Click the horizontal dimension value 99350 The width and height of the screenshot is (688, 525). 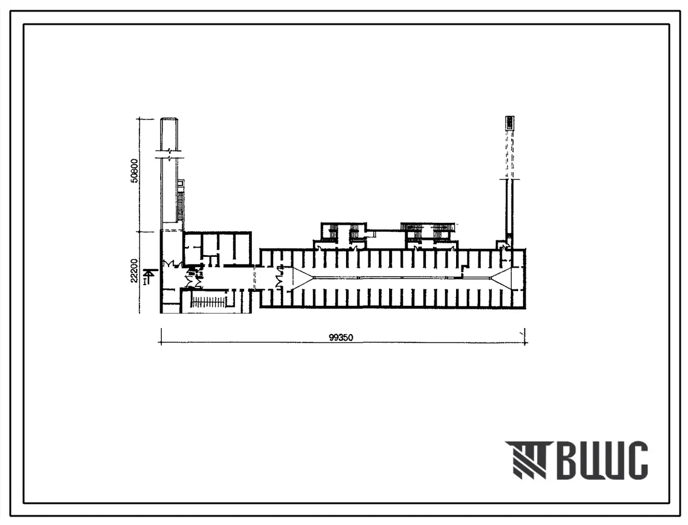coord(341,338)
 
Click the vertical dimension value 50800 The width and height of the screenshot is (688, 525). coord(135,170)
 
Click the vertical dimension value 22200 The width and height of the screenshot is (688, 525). coord(134,271)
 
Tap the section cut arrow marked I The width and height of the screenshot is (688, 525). coord(149,277)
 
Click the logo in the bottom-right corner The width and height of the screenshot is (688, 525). coord(576,460)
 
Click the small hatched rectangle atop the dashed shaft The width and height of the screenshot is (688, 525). coord(509,123)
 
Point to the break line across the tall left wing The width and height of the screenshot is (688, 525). coord(169,155)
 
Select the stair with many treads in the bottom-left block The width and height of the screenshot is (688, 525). coord(209,301)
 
